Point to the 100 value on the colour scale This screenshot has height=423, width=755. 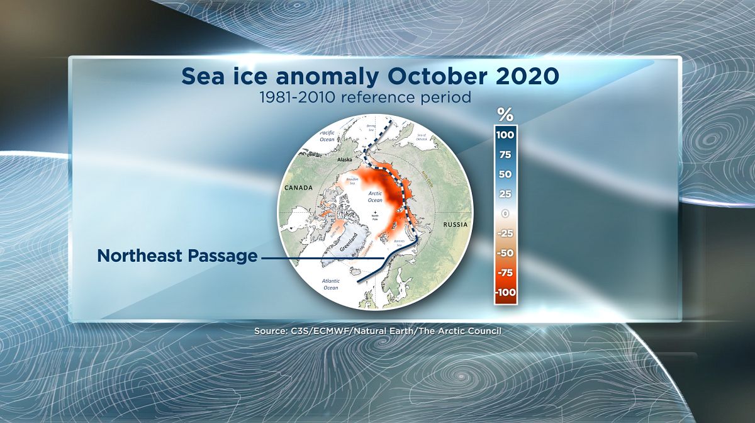pyautogui.click(x=505, y=135)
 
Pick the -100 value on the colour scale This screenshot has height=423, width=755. pyautogui.click(x=505, y=293)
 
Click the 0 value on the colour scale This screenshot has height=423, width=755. pyautogui.click(x=505, y=213)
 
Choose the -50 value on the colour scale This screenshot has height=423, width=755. pyautogui.click(x=505, y=253)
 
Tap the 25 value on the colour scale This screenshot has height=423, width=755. pyautogui.click(x=505, y=194)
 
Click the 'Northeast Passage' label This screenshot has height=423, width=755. pyautogui.click(x=177, y=256)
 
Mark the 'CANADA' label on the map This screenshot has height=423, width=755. pyautogui.click(x=298, y=188)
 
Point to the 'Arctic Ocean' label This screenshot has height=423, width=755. pyautogui.click(x=375, y=196)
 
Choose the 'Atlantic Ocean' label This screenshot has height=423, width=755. pyautogui.click(x=331, y=285)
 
